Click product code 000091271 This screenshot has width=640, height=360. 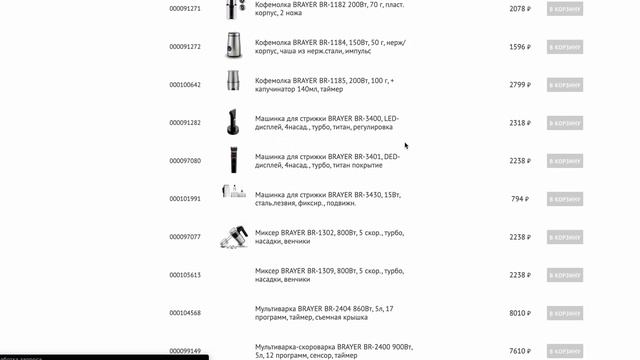[x=185, y=9]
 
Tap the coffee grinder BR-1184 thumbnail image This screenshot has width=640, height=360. [x=233, y=46]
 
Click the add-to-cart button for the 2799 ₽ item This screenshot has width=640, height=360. [x=564, y=85]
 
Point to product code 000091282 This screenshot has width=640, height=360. [x=185, y=123]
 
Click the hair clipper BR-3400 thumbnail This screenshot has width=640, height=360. [x=233, y=122]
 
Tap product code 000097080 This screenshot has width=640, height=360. [x=185, y=161]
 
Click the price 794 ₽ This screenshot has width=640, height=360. [x=520, y=199]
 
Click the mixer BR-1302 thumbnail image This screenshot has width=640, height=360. [x=233, y=236]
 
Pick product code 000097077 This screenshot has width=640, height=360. [x=185, y=237]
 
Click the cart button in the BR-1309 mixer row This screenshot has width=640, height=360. [x=564, y=275]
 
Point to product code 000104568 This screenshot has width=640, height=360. [x=185, y=313]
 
